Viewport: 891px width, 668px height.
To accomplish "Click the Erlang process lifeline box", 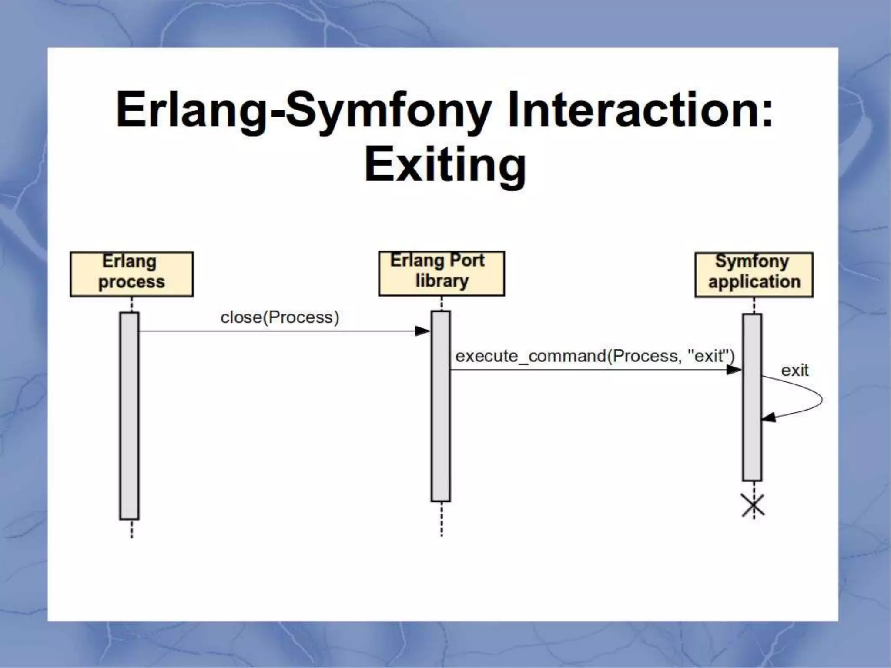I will (x=131, y=274).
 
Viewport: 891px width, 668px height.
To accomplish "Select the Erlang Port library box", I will (x=441, y=273).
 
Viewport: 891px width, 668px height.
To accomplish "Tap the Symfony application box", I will (x=754, y=274).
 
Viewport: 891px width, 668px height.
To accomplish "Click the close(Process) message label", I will (x=280, y=317).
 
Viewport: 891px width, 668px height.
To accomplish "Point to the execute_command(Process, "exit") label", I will (x=594, y=356).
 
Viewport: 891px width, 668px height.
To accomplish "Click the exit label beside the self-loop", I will (x=794, y=371).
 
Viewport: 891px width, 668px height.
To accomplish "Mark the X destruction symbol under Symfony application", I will (x=753, y=506).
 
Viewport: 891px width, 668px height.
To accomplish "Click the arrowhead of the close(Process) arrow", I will (x=422, y=331).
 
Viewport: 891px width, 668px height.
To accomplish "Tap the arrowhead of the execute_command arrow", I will (x=734, y=370).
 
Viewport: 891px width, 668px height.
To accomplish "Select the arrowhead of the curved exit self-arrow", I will (x=769, y=418).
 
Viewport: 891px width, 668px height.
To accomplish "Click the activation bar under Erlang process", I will (x=129, y=415).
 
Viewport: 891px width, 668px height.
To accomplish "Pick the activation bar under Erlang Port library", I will (x=441, y=406).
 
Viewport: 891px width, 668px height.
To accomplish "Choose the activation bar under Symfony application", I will (x=752, y=397).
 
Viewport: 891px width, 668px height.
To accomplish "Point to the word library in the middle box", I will (x=442, y=281).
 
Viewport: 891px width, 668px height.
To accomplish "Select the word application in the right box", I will (x=754, y=282).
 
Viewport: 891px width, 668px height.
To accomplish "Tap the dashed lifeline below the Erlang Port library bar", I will (x=442, y=519).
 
